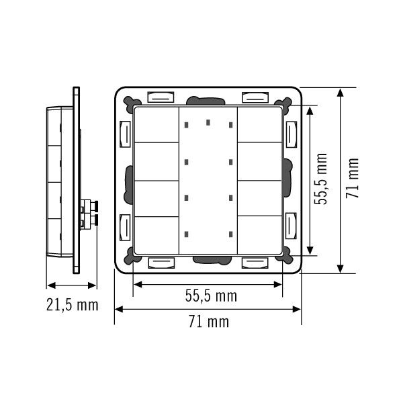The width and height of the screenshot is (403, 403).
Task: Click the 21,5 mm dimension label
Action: coord(73,305)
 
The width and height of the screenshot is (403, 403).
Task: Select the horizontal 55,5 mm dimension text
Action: coord(211,296)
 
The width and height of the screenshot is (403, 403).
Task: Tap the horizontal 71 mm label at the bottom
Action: coord(209,321)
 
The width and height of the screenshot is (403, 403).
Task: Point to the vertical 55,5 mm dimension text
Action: coord(321,179)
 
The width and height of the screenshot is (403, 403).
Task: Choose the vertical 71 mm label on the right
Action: coord(352,178)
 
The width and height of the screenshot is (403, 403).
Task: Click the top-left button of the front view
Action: coord(156,125)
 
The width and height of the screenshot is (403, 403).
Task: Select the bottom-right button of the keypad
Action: coord(260,235)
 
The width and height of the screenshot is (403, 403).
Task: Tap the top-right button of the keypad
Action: coord(260,125)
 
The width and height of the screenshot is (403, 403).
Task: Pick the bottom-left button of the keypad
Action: coord(156,236)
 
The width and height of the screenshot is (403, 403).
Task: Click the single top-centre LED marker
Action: coord(208,122)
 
